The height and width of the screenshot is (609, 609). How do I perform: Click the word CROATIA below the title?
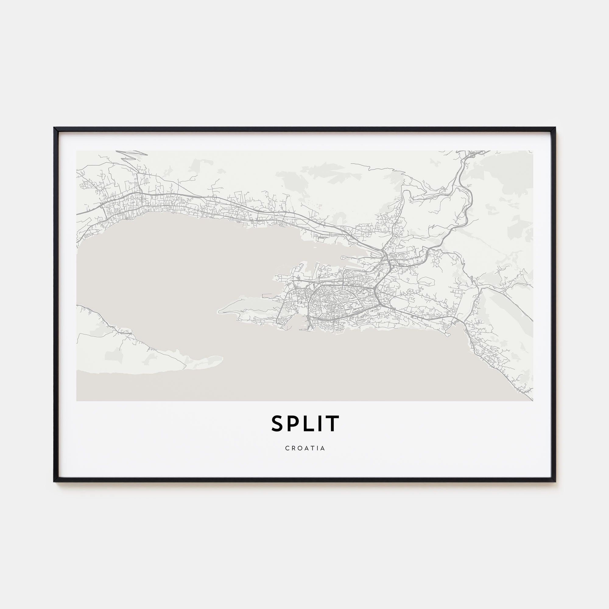tap(305, 448)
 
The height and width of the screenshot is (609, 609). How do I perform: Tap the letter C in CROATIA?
tap(287, 448)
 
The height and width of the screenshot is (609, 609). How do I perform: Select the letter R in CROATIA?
tap(293, 448)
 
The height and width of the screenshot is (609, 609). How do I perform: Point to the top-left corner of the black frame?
tap(55, 128)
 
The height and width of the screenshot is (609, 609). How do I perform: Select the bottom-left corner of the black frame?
tap(55, 482)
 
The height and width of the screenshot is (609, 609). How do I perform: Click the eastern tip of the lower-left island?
tap(223, 358)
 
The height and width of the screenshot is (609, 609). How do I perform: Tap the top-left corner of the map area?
tap(77, 151)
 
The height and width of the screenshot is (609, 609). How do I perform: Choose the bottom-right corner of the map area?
tap(533, 401)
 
